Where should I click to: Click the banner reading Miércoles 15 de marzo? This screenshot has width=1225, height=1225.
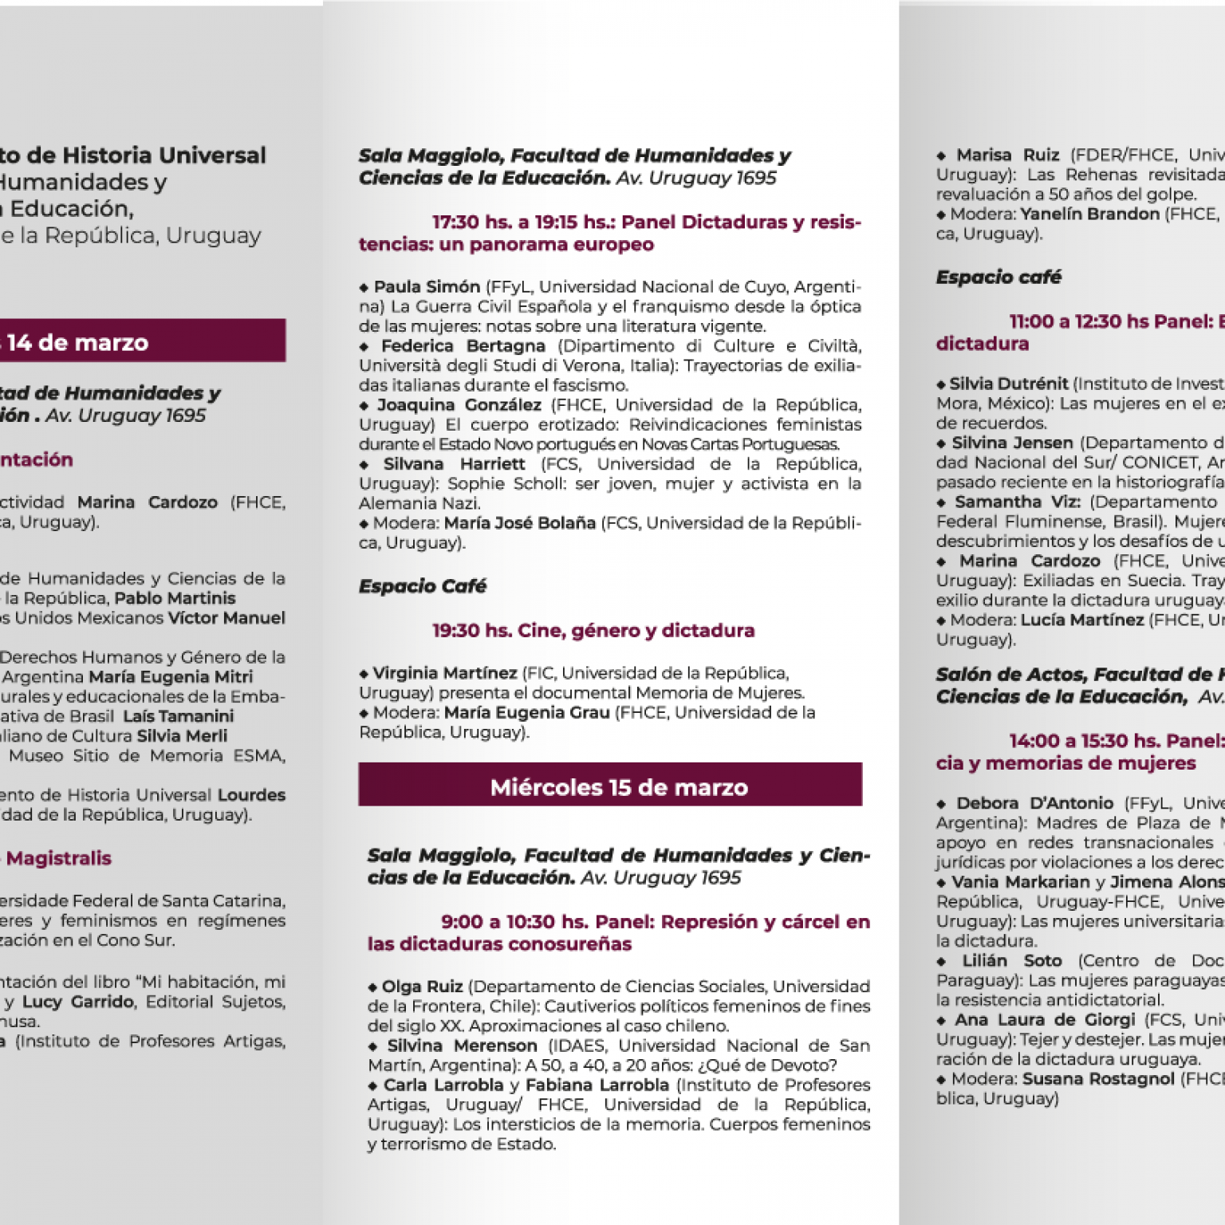[619, 787]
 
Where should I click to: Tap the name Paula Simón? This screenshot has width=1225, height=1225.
[427, 287]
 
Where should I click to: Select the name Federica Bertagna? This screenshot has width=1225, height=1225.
[463, 346]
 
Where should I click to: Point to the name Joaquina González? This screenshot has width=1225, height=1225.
[459, 405]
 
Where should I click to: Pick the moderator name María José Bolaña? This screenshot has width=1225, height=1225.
[519, 523]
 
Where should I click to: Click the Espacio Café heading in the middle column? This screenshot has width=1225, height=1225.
[422, 586]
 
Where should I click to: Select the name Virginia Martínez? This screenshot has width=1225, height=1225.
[445, 673]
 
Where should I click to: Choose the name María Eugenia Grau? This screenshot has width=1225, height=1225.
[526, 712]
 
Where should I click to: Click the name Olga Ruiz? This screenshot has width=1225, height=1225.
[422, 987]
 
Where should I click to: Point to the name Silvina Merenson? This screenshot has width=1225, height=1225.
[462, 1046]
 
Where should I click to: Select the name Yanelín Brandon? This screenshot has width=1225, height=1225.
[1089, 214]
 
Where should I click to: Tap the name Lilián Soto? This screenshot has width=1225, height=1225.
[1011, 961]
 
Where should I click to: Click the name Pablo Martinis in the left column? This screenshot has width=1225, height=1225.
[175, 598]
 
